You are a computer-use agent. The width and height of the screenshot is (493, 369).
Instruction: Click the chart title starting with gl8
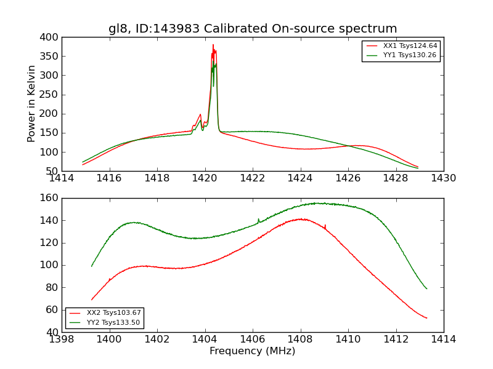click(253, 29)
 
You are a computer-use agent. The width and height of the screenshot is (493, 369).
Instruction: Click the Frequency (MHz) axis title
click(252, 351)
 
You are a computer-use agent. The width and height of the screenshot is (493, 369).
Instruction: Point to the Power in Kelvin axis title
click(32, 103)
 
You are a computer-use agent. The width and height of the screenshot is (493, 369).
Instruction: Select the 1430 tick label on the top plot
click(443, 178)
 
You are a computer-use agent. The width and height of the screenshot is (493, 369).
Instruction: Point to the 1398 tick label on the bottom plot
click(62, 339)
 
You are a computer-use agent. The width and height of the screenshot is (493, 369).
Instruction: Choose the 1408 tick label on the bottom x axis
click(300, 339)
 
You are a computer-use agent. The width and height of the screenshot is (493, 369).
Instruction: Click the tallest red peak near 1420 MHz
click(213, 45)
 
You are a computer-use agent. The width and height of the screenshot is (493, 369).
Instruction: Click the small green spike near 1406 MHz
click(258, 219)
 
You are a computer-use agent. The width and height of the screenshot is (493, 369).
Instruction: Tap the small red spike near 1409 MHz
click(325, 226)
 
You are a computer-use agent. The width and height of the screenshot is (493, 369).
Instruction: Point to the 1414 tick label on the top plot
click(62, 178)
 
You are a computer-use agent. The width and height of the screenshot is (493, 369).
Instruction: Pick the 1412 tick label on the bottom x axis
click(396, 339)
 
